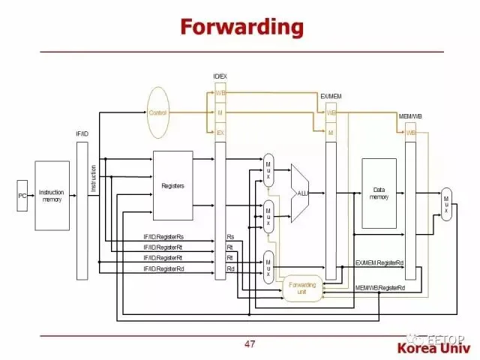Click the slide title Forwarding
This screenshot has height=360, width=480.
pyautogui.click(x=241, y=28)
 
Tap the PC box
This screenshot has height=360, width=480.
pyautogui.click(x=22, y=196)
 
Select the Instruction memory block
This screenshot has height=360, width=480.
pyautogui.click(x=52, y=196)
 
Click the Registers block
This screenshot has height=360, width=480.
pyautogui.click(x=173, y=185)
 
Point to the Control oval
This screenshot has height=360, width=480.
pyautogui.click(x=158, y=112)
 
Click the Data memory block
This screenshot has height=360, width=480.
pyautogui.click(x=379, y=193)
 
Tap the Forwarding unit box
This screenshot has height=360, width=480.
pyautogui.click(x=303, y=288)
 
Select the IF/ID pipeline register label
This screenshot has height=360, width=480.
pyautogui.click(x=82, y=133)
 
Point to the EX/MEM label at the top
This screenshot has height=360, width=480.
pyautogui.click(x=331, y=97)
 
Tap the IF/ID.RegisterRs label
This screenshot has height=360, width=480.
pyautogui.click(x=163, y=237)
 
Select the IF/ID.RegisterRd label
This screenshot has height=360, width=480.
pyautogui.click(x=163, y=268)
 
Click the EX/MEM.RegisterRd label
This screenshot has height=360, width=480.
pyautogui.click(x=379, y=263)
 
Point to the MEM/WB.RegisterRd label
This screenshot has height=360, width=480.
pyautogui.click(x=379, y=288)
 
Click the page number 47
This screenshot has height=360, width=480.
pyautogui.click(x=250, y=344)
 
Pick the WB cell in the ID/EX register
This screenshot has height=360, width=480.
pyautogui.click(x=220, y=93)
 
